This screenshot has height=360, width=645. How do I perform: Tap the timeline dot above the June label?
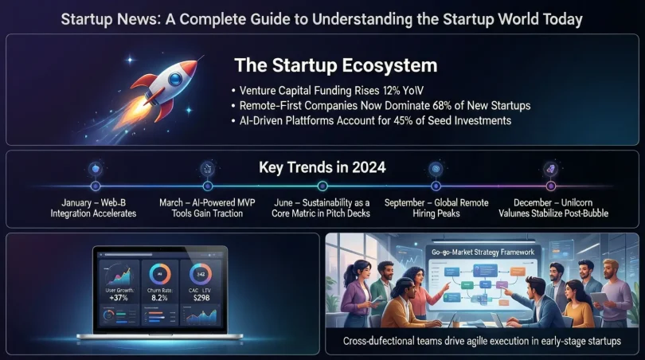coord(322,186)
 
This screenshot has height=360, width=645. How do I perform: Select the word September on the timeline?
coord(410,202)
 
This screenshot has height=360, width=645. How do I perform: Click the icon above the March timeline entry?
coord(209,168)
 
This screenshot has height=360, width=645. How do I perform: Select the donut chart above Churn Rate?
coord(159,274)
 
